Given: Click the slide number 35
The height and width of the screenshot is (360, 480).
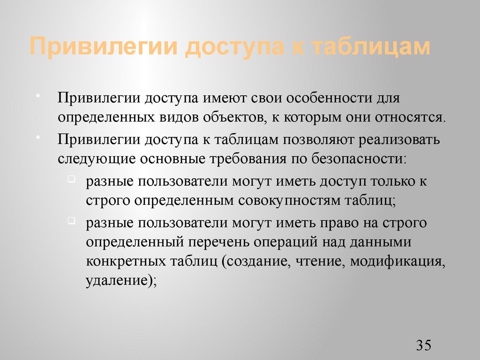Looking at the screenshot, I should coord(423,345).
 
